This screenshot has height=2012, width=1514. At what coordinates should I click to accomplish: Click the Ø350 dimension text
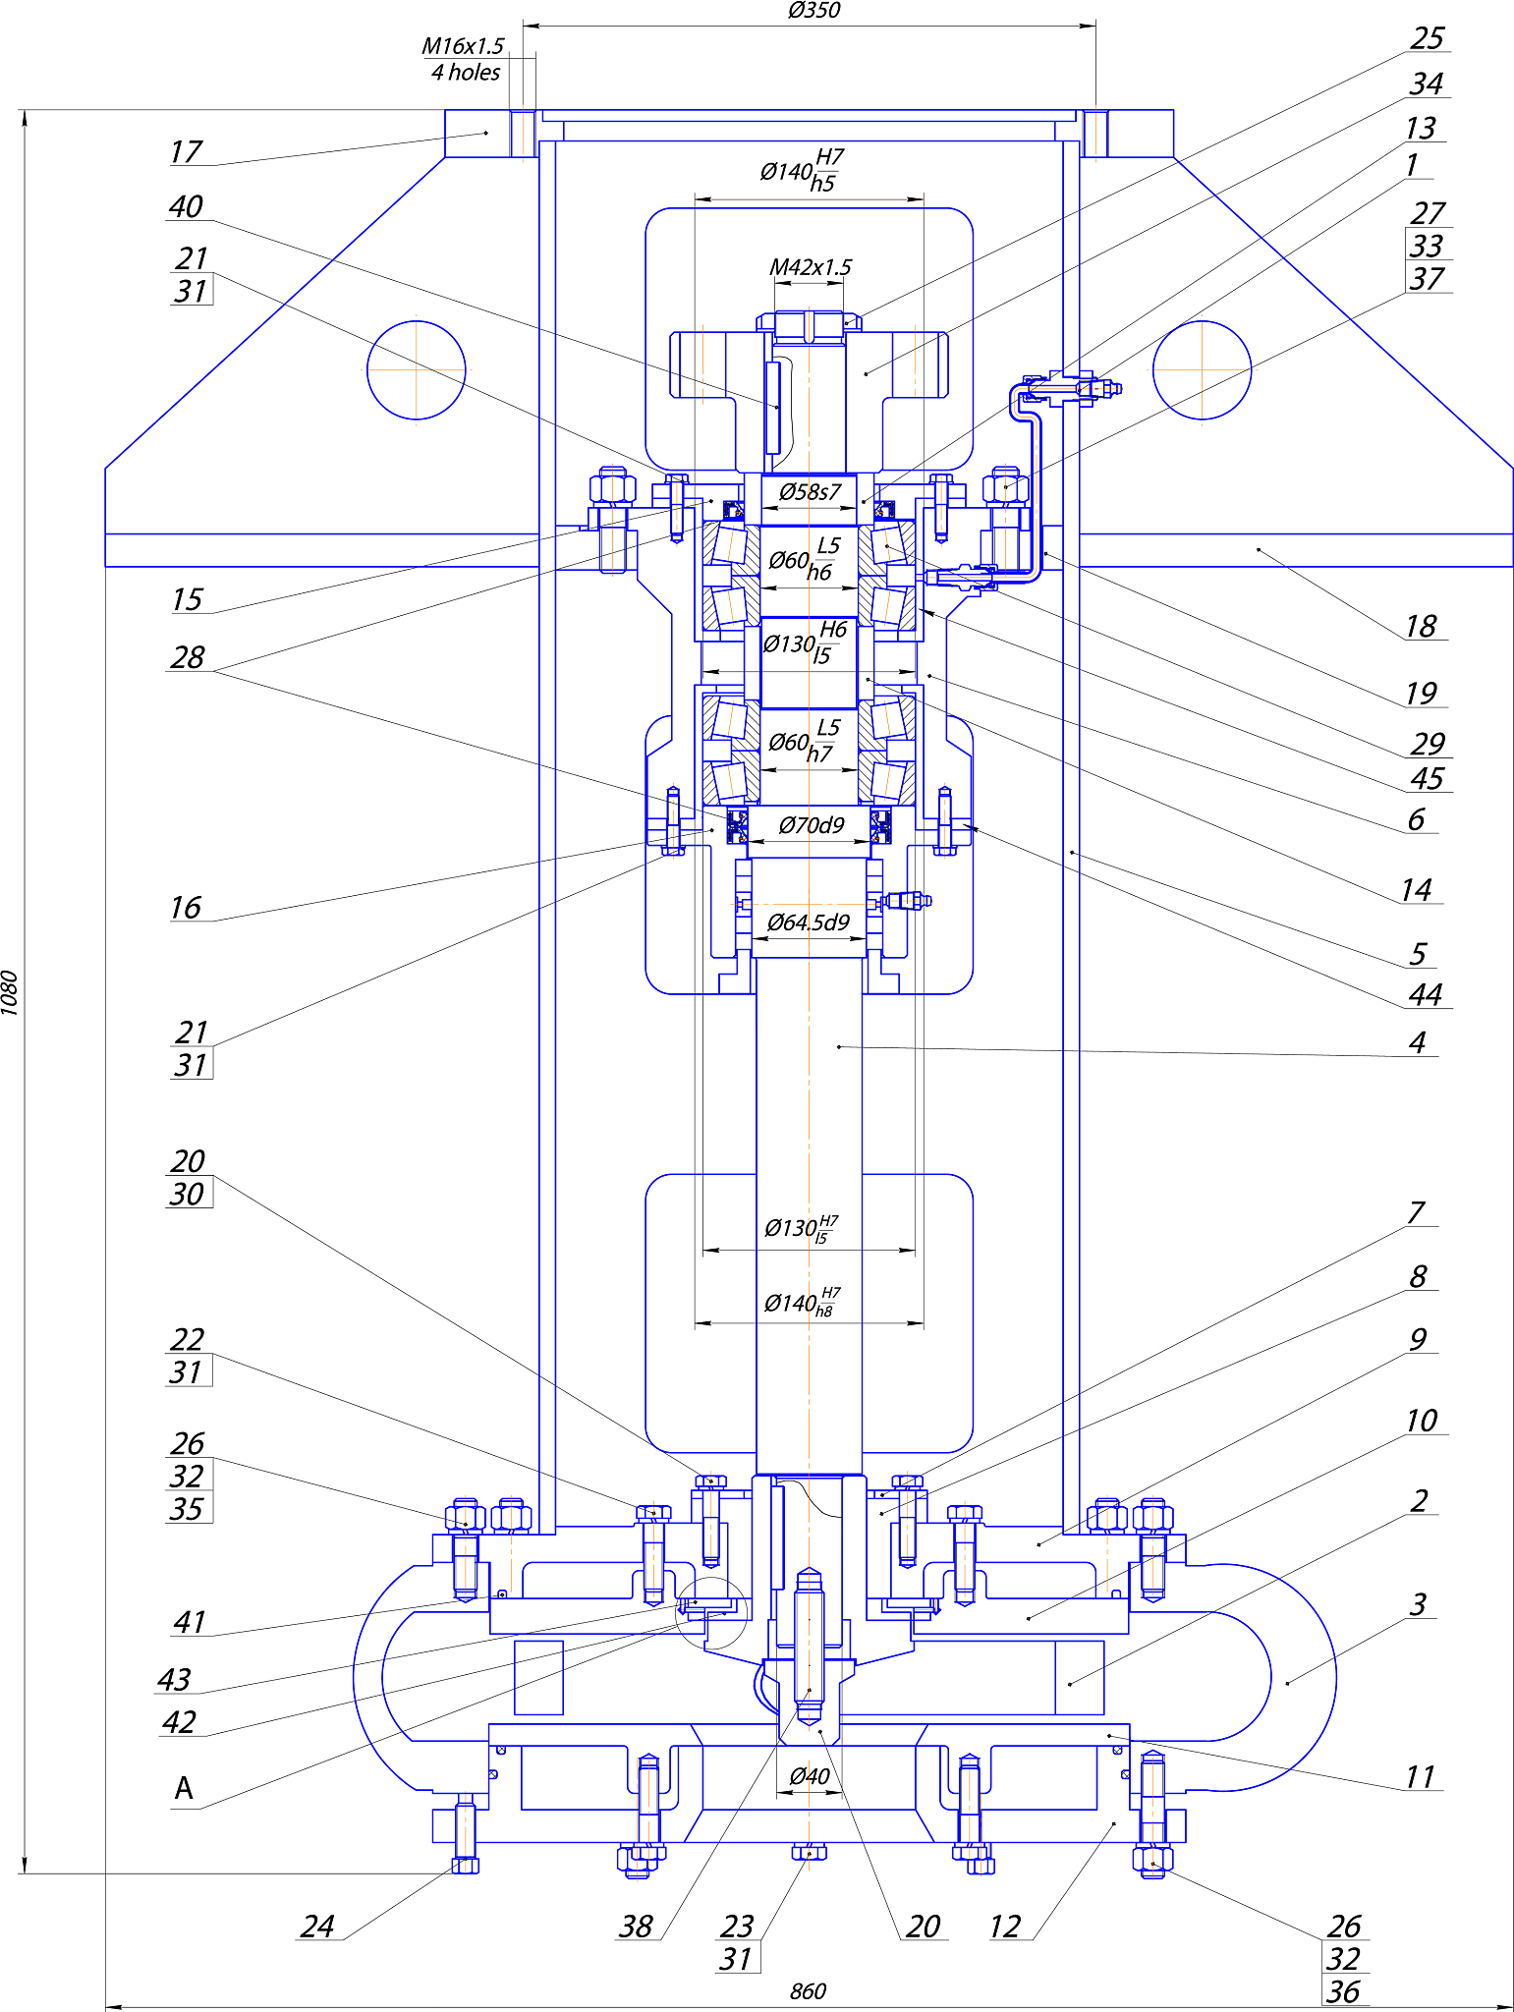pos(813,11)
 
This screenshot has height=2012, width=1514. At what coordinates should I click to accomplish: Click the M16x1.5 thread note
pos(462,46)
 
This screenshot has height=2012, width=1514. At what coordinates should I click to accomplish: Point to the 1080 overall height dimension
pos(10,992)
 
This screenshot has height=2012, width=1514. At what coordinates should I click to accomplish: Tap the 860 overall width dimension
pos(808,1991)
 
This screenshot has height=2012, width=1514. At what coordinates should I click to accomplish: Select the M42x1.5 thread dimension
pos(810,267)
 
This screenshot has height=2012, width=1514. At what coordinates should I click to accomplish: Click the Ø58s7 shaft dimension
pos(810,492)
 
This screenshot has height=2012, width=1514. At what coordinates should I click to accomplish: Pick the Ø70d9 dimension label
pos(811,825)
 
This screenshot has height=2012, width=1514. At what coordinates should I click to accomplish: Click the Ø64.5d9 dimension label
pos(808,922)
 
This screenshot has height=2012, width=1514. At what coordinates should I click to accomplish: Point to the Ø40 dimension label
pos(810,1776)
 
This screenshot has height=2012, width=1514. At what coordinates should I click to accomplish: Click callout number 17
pos(185,152)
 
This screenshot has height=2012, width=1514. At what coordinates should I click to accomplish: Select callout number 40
pos(185,206)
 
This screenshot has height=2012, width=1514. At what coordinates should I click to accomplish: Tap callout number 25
pos(1427,38)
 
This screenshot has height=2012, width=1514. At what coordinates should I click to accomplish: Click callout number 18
pos(1420,626)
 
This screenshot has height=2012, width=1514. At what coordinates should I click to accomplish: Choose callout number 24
pos(317,1927)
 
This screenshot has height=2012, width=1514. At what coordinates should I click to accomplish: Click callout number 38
pos(636,1927)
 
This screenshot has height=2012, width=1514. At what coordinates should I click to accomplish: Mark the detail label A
pos(184,1789)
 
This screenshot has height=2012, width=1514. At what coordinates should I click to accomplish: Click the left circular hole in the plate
pos(417,370)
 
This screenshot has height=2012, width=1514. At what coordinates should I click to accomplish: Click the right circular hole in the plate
pos(1202,370)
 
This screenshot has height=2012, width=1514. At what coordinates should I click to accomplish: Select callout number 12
pos(1004,1927)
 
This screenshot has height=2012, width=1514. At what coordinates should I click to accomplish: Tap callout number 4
pos(1417,1042)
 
